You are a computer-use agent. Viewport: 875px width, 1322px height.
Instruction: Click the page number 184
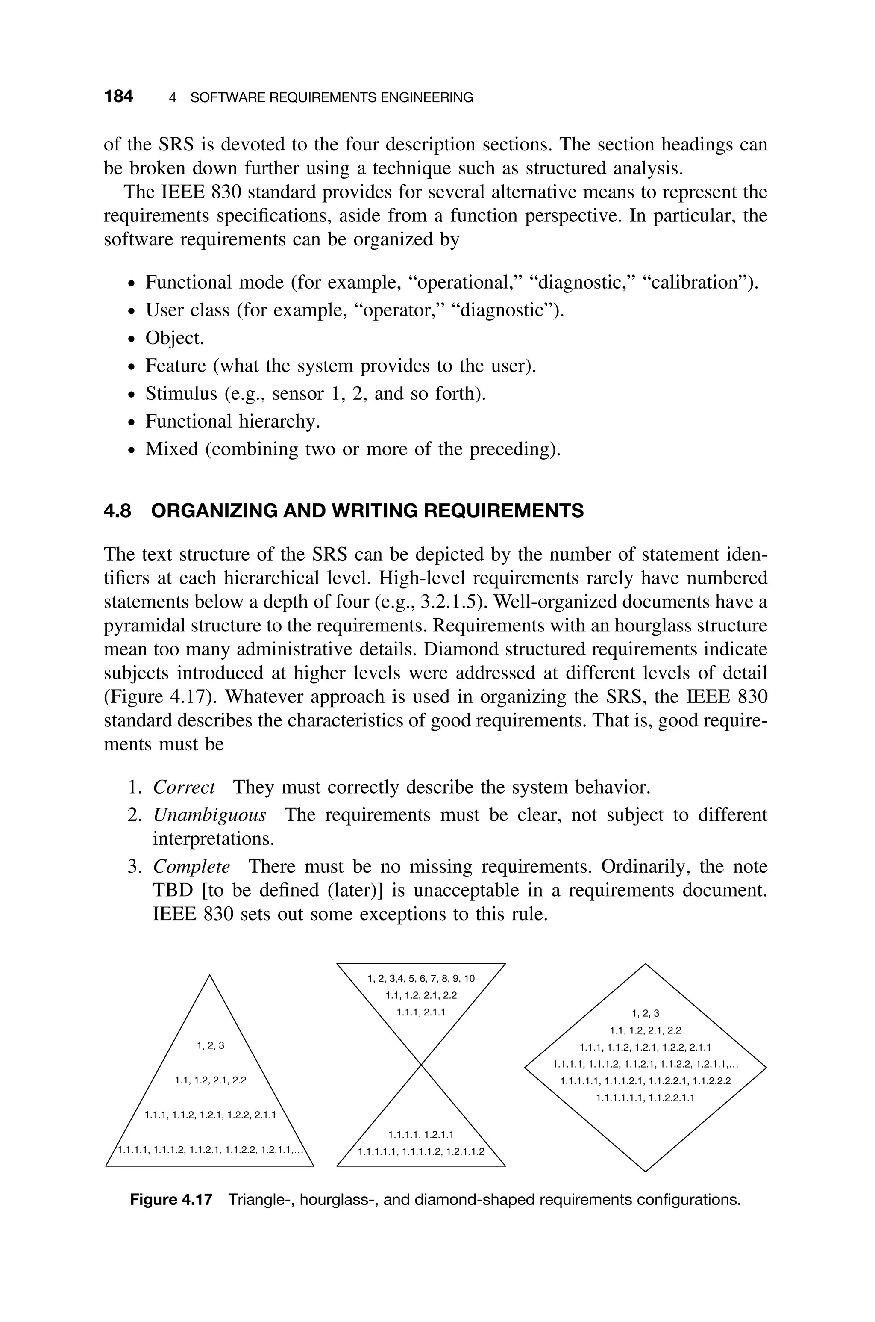[118, 97]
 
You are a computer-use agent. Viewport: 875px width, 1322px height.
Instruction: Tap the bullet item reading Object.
[175, 338]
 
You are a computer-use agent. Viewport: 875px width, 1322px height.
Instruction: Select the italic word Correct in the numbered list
[184, 787]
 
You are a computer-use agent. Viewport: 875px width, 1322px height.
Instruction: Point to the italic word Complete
[191, 867]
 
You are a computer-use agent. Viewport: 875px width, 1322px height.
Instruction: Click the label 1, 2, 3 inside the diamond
[645, 1013]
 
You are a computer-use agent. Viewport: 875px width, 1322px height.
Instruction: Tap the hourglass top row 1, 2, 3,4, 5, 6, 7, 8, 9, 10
[421, 978]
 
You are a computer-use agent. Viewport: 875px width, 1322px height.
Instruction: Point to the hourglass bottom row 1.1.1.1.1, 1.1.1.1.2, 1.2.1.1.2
[421, 1151]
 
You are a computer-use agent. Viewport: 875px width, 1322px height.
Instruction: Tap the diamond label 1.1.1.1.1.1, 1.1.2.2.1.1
[645, 1098]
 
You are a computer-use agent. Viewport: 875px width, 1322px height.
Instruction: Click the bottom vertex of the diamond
[646, 1171]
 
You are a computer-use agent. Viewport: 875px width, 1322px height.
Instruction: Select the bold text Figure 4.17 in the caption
[171, 1199]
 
